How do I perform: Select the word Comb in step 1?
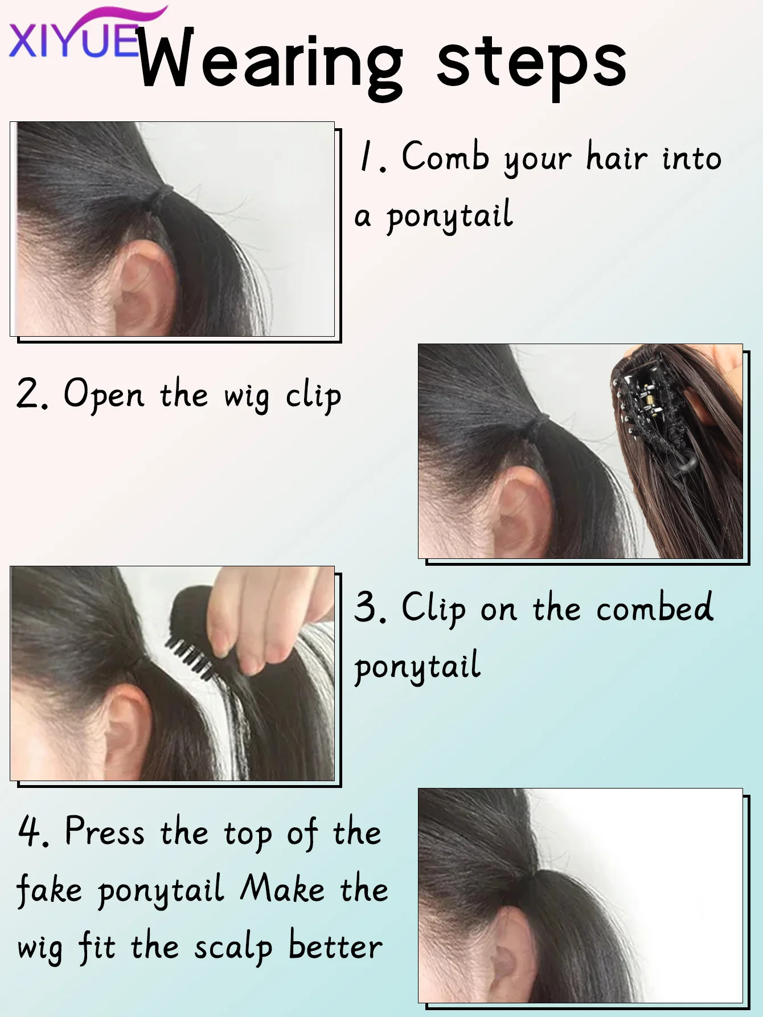(445, 156)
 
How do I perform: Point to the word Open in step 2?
(104, 394)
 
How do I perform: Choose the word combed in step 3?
(655, 607)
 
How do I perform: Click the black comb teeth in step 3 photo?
(191, 658)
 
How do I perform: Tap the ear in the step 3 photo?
(128, 729)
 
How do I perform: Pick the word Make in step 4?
(282, 889)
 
